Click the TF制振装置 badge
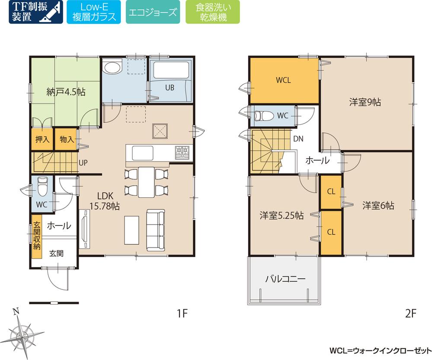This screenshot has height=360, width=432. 35,12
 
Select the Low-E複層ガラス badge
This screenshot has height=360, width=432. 93,12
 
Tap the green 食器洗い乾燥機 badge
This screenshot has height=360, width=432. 212,12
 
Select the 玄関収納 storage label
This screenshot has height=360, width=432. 37,235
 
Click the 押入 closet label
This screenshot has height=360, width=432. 42,139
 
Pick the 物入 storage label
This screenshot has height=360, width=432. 67,139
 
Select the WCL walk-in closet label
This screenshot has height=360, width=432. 284,80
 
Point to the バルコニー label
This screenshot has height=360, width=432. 285,279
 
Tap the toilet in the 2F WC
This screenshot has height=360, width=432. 263,116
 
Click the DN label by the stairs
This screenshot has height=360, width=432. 298,139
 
